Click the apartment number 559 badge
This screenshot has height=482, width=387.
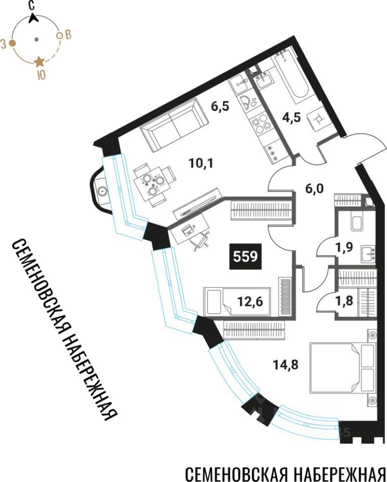coord(245,256)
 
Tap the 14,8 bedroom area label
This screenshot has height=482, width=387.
coord(286,365)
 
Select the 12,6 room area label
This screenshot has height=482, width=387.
coord(250,302)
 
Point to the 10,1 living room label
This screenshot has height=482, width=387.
coord(202,163)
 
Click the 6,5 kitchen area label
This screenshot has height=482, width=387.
coord(221,106)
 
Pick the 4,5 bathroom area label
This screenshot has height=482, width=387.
coord(291,117)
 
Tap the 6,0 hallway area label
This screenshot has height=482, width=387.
coord(315,188)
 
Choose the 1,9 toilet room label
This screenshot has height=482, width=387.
coord(344,247)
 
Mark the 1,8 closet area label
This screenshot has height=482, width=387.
coord(344,301)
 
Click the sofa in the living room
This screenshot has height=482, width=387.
coord(173,124)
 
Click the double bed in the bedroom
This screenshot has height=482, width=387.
coord(343,368)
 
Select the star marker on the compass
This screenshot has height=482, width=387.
coord(39,62)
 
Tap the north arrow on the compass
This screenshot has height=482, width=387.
coord(33,18)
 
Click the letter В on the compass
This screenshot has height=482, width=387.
coord(68,35)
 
